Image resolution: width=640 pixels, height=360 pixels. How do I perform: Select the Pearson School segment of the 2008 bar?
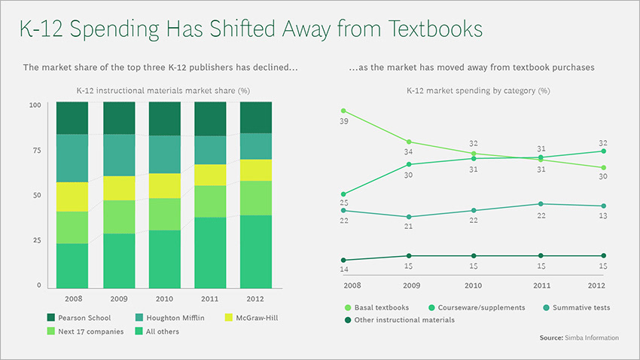tap(72, 118)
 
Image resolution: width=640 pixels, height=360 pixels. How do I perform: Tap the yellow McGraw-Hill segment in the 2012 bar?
tap(255, 170)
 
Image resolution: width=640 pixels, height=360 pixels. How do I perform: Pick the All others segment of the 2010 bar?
tap(164, 258)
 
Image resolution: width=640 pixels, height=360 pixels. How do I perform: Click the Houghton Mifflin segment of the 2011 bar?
tap(210, 150)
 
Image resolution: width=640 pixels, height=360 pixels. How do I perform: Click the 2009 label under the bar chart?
tap(118, 298)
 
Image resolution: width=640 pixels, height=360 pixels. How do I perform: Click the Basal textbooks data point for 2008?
tap(344, 111)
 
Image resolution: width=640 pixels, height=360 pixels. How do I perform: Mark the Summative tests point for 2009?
tap(408, 217)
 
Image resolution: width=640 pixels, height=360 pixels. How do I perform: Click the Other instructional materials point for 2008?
tap(344, 260)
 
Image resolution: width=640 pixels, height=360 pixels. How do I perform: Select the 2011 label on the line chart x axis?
tap(541, 285)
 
